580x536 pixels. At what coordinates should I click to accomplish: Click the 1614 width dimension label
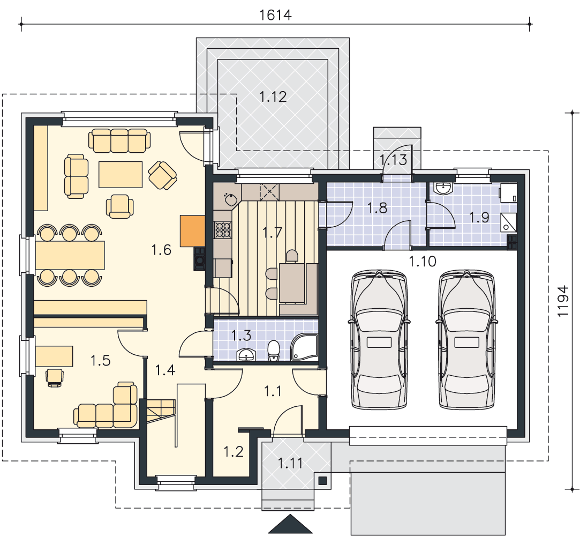coord(276,15)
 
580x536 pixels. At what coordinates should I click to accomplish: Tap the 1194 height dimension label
coord(563,301)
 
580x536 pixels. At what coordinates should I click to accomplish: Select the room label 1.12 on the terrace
coord(273,97)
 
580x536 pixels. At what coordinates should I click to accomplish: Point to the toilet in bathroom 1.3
coord(273,350)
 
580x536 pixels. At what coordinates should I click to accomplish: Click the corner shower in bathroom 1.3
coord(304,347)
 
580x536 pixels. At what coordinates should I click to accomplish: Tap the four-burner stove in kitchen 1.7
coord(223,229)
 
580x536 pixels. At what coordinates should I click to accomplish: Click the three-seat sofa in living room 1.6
coord(119,140)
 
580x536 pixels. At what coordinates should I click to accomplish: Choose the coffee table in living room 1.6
coord(120,174)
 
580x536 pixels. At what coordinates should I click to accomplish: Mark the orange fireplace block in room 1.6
coord(192,230)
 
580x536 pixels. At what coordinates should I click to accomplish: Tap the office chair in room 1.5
coord(55,377)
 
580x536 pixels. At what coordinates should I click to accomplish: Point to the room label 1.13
coord(393,160)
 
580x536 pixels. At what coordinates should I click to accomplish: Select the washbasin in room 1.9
coord(443,188)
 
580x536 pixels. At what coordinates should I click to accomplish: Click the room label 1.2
coord(233,452)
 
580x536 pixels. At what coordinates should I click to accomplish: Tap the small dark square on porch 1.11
coord(322,480)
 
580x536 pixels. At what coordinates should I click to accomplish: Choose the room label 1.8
coord(378,208)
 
